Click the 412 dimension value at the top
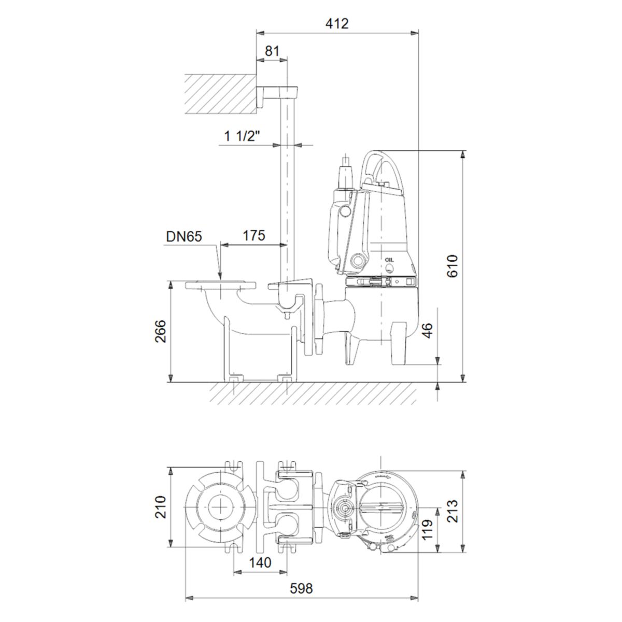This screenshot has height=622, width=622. (337, 23)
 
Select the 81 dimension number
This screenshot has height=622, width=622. (272, 51)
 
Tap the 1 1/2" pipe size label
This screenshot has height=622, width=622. (242, 136)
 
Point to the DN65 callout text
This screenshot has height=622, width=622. (183, 236)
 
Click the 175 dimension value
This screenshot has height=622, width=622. (253, 235)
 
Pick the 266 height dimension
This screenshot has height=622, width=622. (160, 331)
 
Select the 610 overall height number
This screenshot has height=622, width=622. (453, 266)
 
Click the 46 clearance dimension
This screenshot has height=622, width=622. (427, 330)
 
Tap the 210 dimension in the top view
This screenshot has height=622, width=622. (160, 507)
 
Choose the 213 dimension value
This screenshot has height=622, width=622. (453, 511)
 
